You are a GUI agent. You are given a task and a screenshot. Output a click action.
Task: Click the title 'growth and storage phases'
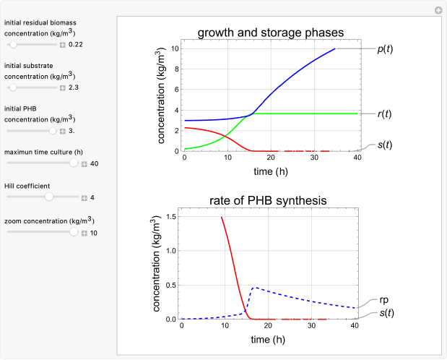point(270,32)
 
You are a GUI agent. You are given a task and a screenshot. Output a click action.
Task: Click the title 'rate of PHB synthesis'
point(270,200)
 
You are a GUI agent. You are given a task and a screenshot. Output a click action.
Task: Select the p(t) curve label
point(385,49)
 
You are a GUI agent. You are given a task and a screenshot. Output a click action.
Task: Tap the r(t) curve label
point(385,113)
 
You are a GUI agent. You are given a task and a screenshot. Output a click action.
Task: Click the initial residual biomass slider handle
point(13,45)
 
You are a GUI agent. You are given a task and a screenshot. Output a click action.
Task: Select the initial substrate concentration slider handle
point(13,87)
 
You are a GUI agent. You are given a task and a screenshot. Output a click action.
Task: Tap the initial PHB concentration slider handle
point(53,131)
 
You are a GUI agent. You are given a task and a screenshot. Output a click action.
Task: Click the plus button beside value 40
point(84,164)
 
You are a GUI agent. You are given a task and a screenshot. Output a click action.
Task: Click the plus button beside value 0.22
point(63,45)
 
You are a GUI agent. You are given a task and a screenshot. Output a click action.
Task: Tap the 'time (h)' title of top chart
point(270,171)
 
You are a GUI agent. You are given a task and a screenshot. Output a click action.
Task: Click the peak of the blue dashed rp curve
point(253,288)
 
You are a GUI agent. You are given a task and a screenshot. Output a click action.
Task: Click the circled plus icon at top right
point(438,10)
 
